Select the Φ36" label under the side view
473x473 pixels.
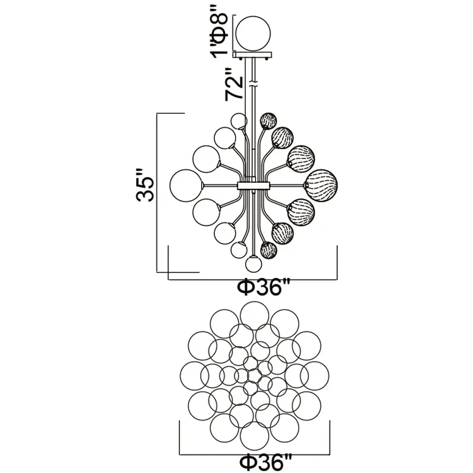coord(263,288)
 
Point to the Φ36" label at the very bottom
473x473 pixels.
coord(266,463)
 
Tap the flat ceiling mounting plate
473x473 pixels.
coord(252,55)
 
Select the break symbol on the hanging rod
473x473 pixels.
coord(253,84)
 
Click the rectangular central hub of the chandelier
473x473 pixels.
coord(253,186)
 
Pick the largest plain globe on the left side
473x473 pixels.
coord(187,186)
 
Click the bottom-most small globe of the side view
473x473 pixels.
coord(254,264)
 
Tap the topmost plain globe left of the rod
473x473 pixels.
coord(239,121)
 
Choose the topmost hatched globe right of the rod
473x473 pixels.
coord(268,121)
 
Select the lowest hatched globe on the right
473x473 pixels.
coord(268,250)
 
